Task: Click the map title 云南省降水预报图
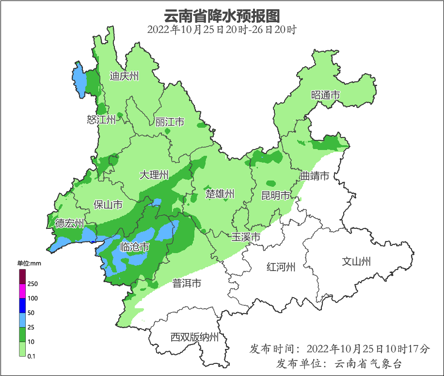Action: pyautogui.click(x=222, y=15)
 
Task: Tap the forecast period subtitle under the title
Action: pyautogui.click(x=222, y=30)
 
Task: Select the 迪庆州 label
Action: pyautogui.click(x=124, y=76)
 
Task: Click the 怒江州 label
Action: pyautogui.click(x=101, y=120)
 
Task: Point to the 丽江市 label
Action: pyautogui.click(x=170, y=122)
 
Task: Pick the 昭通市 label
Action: pyautogui.click(x=325, y=95)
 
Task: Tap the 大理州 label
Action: pyautogui.click(x=154, y=175)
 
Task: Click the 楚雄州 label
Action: pyautogui.click(x=220, y=194)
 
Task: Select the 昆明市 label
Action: pyautogui.click(x=276, y=195)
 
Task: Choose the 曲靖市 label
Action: pyautogui.click(x=315, y=176)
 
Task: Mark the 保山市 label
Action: pyautogui.click(x=108, y=205)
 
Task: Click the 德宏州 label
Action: pyautogui.click(x=69, y=223)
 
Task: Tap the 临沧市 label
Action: pyautogui.click(x=134, y=247)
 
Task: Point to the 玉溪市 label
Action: pyautogui.click(x=246, y=237)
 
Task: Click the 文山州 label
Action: pyautogui.click(x=356, y=262)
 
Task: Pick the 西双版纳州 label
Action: pyautogui.click(x=194, y=337)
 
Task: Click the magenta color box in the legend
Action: pyautogui.click(x=22, y=291)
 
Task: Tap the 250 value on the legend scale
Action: pyautogui.click(x=33, y=284)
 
